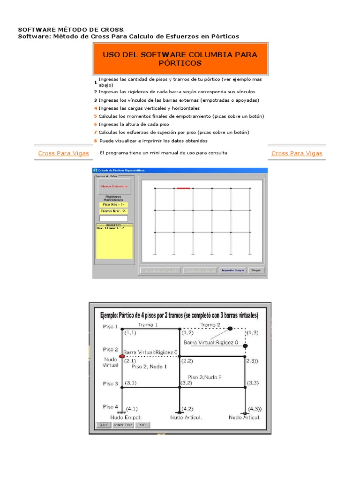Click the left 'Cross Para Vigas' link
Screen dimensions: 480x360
pyautogui.click(x=63, y=153)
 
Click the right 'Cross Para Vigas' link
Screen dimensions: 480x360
pyautogui.click(x=297, y=153)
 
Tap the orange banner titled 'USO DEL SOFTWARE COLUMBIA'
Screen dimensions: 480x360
pyautogui.click(x=180, y=59)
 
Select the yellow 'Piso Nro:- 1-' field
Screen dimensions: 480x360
pyautogui.click(x=113, y=204)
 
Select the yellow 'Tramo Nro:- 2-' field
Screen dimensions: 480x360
pyautogui.click(x=113, y=211)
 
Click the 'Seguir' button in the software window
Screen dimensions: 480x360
pyautogui.click(x=256, y=270)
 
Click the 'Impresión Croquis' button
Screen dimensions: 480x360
pyautogui.click(x=233, y=270)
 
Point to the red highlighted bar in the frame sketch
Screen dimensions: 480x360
pyautogui.click(x=183, y=188)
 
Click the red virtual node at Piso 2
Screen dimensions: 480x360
pyautogui.click(x=122, y=357)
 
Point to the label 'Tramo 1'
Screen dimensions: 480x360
pyautogui.click(x=148, y=324)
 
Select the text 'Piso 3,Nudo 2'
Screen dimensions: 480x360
pyautogui.click(x=205, y=377)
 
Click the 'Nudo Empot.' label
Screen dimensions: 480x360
pyautogui.click(x=126, y=417)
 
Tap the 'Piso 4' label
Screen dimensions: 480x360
pyautogui.click(x=111, y=406)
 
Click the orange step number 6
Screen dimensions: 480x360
pyautogui.click(x=95, y=125)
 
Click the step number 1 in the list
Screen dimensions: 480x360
pyautogui.click(x=95, y=82)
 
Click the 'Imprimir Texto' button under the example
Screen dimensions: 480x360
pyautogui.click(x=123, y=425)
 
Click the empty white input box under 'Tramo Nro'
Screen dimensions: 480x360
pyautogui.click(x=113, y=218)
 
